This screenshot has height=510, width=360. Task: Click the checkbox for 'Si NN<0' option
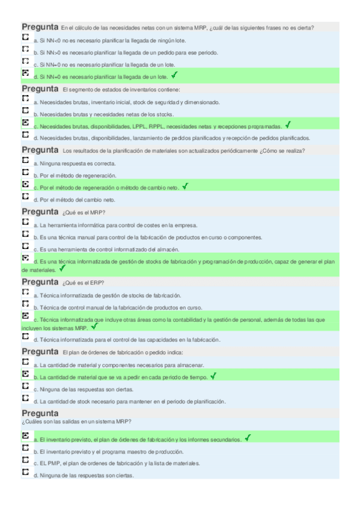(x=25, y=37)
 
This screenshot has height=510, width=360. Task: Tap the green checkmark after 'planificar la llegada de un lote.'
(x=174, y=75)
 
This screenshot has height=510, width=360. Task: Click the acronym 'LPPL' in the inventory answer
(x=141, y=126)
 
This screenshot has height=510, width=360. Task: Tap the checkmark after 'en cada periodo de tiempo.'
(x=213, y=376)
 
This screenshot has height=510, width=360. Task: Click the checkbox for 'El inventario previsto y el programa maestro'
(x=25, y=449)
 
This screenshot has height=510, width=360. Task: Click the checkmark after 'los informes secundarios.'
(x=247, y=438)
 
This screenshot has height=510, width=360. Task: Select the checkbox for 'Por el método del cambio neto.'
(x=25, y=197)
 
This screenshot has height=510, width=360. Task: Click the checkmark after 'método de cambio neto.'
(x=185, y=186)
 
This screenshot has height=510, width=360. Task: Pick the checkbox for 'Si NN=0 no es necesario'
(x=25, y=62)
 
